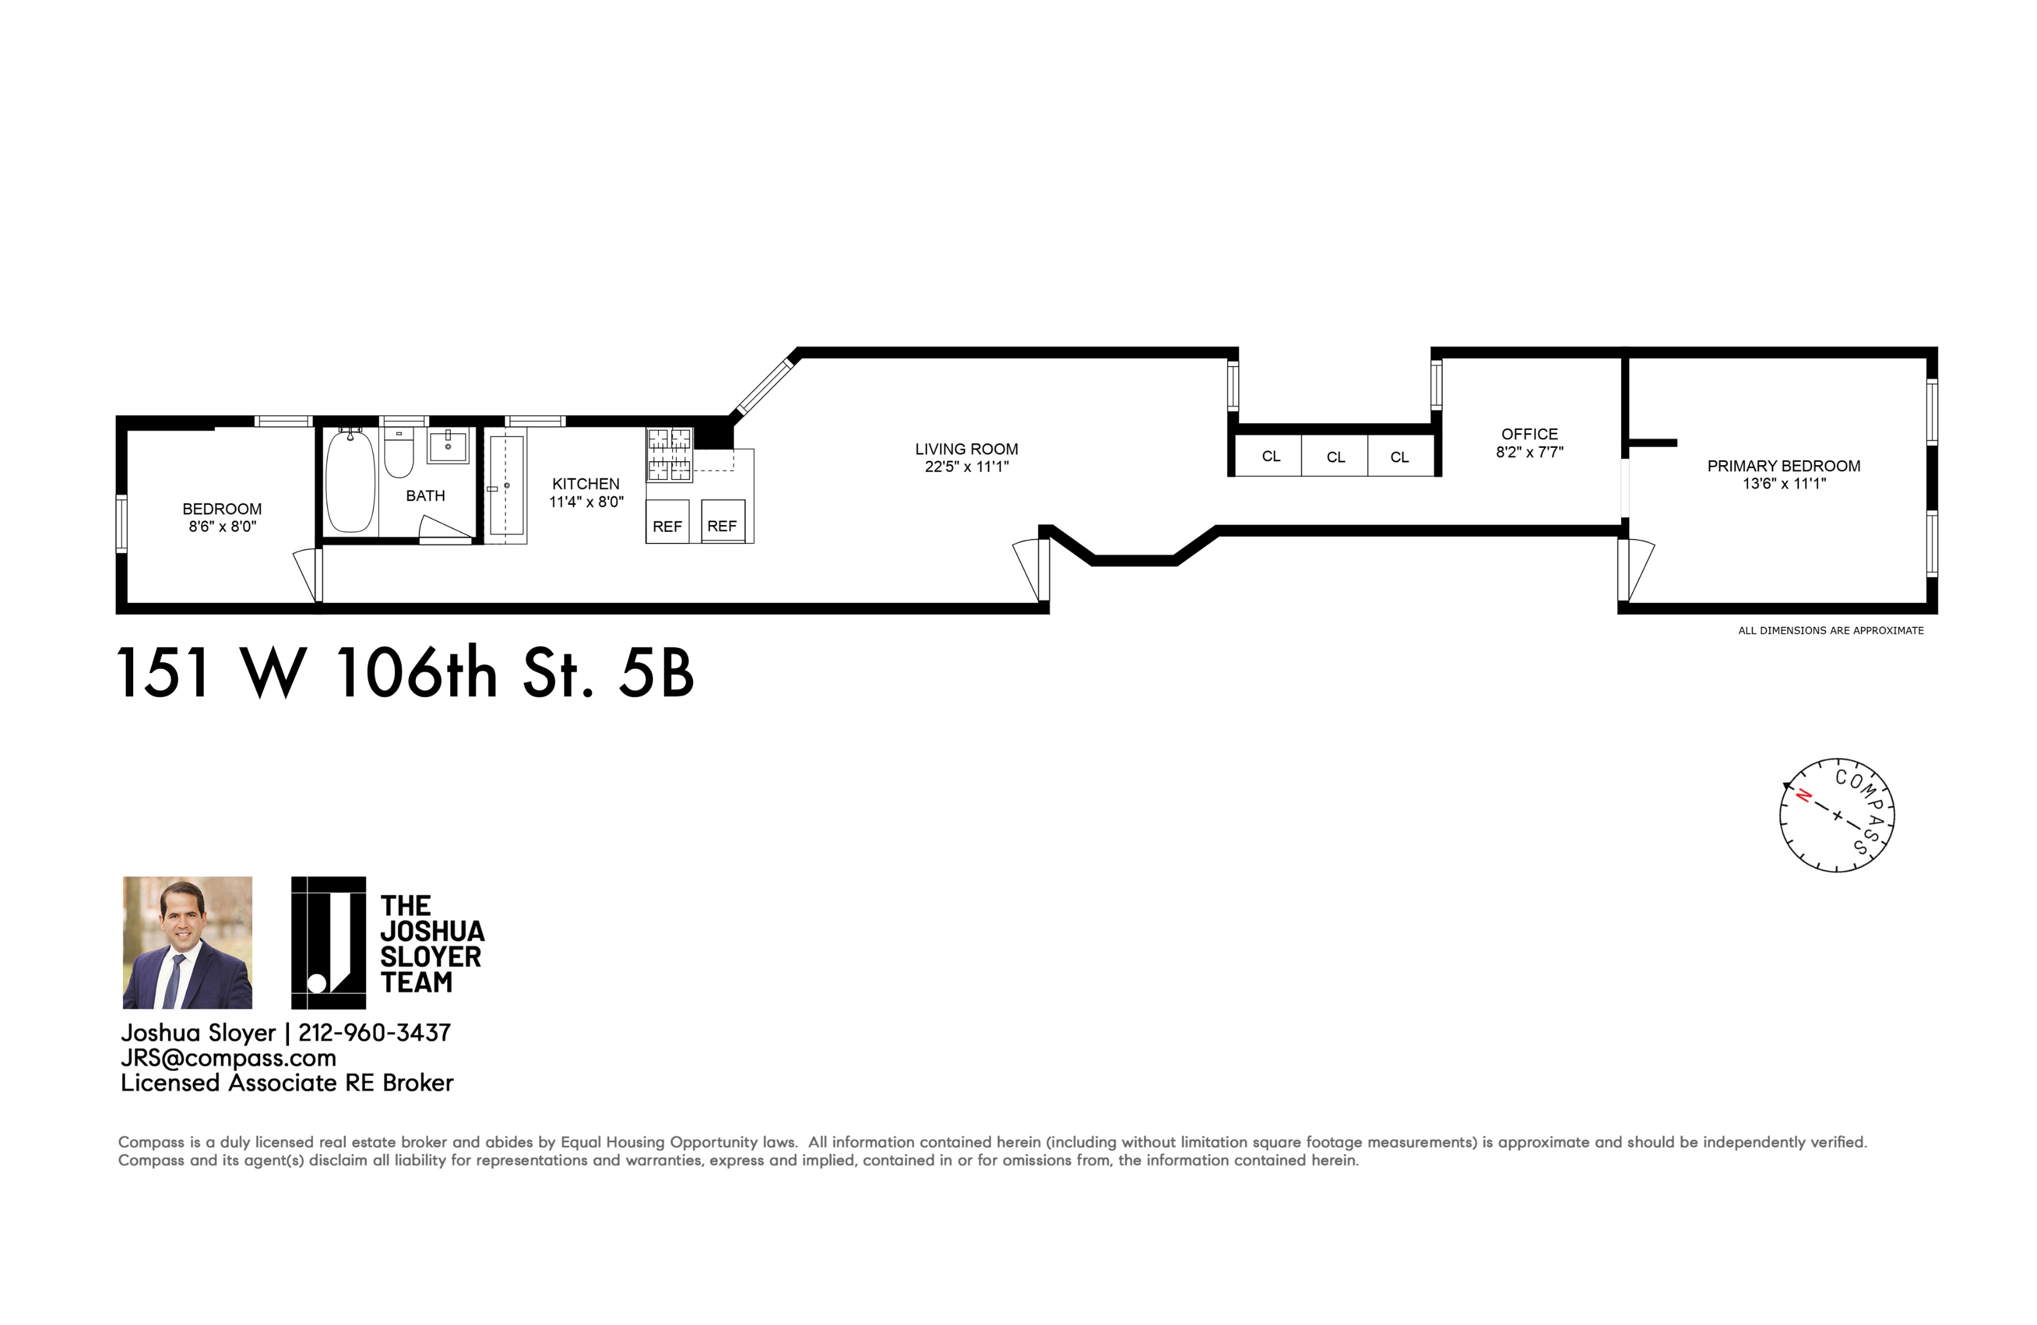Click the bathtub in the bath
(350, 480)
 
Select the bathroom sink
(448, 446)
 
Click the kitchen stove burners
(669, 455)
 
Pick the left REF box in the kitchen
(667, 521)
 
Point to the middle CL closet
(1335, 456)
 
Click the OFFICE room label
(1530, 434)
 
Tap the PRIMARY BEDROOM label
(1784, 466)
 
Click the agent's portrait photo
(188, 942)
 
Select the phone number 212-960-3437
(374, 1033)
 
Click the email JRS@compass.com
(229, 1058)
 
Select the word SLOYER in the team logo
(431, 956)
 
